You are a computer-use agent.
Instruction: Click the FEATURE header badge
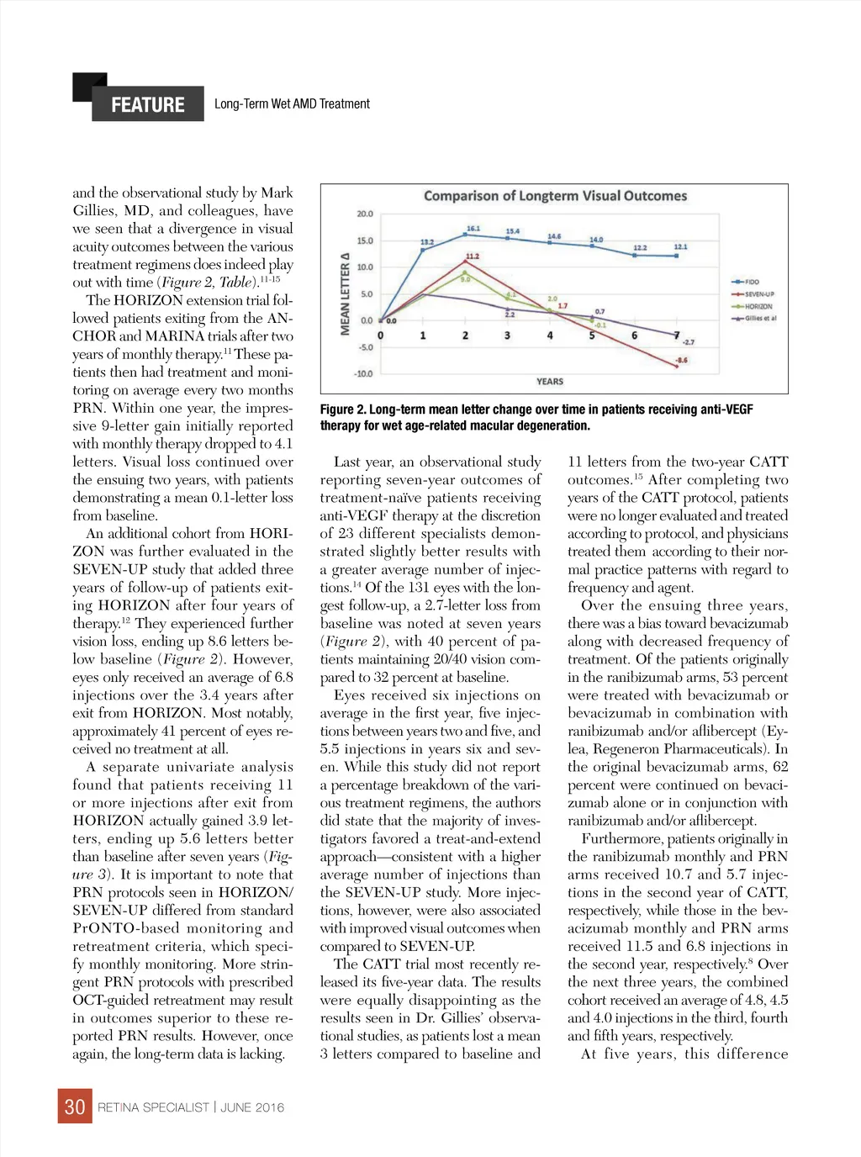[x=147, y=104]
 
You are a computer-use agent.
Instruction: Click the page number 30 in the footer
[x=75, y=1107]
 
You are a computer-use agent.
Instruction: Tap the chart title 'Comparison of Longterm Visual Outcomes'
[x=555, y=196]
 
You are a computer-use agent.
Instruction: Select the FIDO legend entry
[x=753, y=283]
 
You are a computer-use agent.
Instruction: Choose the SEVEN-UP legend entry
[x=758, y=294]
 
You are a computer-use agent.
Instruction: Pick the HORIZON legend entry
[x=758, y=307]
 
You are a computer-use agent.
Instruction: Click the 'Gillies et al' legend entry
[x=760, y=319]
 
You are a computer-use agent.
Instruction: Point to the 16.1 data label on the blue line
[x=473, y=229]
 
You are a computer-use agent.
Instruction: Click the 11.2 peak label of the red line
[x=473, y=256]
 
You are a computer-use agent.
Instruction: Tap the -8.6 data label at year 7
[x=681, y=360]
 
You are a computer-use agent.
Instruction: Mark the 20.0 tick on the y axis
[x=365, y=214]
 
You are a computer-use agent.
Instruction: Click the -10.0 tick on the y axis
[x=363, y=373]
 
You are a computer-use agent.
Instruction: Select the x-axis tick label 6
[x=634, y=335]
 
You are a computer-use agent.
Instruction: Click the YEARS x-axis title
[x=550, y=382]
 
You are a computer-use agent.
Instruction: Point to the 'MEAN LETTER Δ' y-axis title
[x=345, y=293]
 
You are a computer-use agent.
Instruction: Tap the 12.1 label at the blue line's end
[x=680, y=246]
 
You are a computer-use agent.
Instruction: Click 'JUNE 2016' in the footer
[x=252, y=1107]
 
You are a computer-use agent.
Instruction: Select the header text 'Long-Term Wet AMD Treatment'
[x=292, y=104]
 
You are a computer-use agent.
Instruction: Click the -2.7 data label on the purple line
[x=688, y=342]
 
